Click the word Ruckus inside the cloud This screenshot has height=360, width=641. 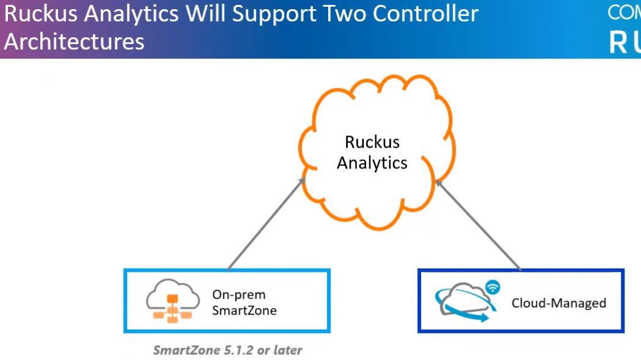pos(372,142)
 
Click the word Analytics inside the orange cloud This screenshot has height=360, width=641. pos(372,163)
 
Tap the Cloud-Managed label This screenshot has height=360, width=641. pos(558,302)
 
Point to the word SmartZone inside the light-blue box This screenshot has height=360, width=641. pos(244,310)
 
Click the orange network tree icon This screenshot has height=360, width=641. pos(172,307)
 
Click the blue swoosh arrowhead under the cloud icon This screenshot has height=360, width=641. pos(483,318)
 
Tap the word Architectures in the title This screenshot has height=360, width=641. pos(74,42)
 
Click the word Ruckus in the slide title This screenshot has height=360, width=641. pos(37,14)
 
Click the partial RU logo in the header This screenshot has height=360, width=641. pos(624,42)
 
